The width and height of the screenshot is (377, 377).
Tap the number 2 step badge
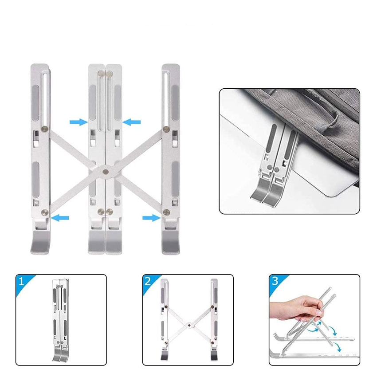(x=148, y=281)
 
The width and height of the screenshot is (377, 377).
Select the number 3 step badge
(x=275, y=281)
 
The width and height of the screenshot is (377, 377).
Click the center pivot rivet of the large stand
(x=105, y=172)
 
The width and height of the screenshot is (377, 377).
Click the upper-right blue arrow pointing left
(x=131, y=122)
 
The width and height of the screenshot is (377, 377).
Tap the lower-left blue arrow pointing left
(x=60, y=218)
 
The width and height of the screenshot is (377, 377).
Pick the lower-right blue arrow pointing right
(x=152, y=218)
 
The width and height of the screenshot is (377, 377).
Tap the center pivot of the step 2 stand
(x=189, y=325)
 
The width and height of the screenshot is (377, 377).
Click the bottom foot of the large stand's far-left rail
(x=40, y=242)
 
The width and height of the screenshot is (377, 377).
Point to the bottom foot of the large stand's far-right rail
(x=170, y=242)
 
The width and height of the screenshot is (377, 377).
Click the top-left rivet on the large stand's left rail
(x=45, y=129)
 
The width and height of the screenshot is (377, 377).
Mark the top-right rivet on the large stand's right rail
(x=166, y=129)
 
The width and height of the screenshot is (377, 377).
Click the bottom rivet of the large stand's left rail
(x=45, y=212)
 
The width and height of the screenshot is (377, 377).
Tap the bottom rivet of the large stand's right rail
(x=166, y=212)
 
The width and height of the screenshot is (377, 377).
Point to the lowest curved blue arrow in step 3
(x=337, y=346)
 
